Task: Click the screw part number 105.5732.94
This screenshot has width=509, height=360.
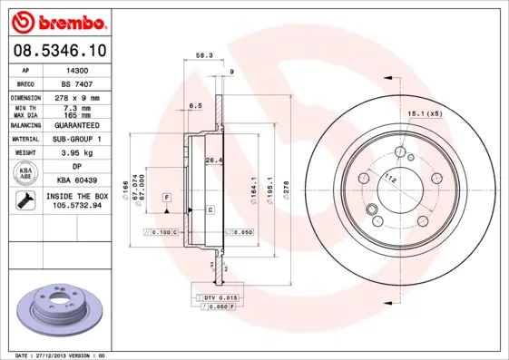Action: pyautogui.click(x=73, y=206)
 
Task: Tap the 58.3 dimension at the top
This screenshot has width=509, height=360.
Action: pyautogui.click(x=204, y=55)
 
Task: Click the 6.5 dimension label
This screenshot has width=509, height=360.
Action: pyautogui.click(x=195, y=106)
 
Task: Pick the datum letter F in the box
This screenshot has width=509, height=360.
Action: pyautogui.click(x=167, y=198)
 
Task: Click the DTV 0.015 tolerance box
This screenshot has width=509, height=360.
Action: pyautogui.click(x=214, y=297)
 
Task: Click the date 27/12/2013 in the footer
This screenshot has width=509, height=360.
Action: pyautogui.click(x=56, y=355)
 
